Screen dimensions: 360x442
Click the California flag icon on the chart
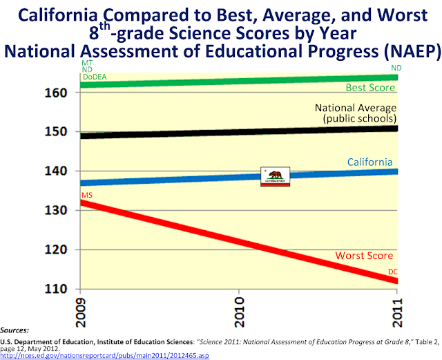(x=275, y=177)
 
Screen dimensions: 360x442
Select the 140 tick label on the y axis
(x=64, y=171)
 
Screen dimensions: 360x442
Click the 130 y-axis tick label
(x=64, y=210)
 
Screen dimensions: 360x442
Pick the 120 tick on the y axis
(x=64, y=249)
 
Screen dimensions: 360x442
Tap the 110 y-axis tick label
(x=64, y=289)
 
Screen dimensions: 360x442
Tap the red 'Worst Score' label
(x=364, y=256)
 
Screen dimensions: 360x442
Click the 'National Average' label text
(x=356, y=108)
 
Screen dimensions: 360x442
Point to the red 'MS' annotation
(x=86, y=196)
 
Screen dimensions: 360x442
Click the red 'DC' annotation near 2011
(x=393, y=272)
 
